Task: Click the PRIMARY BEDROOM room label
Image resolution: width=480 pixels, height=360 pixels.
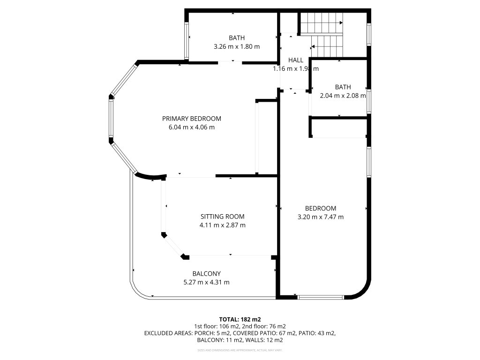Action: pos(191,119)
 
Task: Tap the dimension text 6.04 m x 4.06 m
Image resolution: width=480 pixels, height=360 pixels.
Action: pos(191,127)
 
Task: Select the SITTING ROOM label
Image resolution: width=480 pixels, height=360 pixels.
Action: pos(222,217)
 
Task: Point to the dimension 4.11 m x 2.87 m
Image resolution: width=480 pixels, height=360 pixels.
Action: pos(222,225)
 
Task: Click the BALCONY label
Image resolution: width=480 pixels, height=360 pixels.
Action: pos(206,274)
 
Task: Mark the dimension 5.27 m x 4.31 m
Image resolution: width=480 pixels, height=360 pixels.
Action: pos(206,282)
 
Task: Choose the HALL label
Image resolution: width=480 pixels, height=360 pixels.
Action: pos(295,60)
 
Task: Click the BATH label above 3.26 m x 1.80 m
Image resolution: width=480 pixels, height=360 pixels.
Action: pos(237,38)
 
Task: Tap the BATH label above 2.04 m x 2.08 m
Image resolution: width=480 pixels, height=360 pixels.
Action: pos(343,87)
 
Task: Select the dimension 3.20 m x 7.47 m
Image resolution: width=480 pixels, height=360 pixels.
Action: pos(321,217)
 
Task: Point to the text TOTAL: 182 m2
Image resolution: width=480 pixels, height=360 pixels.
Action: pos(240,319)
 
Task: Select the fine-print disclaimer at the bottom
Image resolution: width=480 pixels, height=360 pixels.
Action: pos(240,350)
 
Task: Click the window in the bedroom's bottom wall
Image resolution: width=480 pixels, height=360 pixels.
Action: pos(321,297)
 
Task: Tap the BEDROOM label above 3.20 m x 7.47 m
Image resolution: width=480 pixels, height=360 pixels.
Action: pos(321,209)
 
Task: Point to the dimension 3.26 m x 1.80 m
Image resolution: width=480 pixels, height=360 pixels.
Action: pos(237,46)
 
